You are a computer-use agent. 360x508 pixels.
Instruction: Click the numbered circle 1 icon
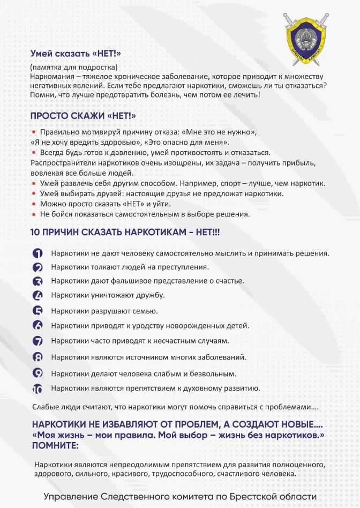(37, 253)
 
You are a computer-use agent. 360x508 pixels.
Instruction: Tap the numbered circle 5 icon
(37, 311)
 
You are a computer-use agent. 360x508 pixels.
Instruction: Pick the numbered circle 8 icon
(37, 357)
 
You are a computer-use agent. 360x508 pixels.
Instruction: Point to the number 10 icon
(37, 389)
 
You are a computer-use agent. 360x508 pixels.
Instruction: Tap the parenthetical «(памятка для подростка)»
(73, 68)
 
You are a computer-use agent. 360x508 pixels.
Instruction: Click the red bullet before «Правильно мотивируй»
(34, 131)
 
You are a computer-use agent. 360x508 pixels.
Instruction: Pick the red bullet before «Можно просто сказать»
(34, 204)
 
